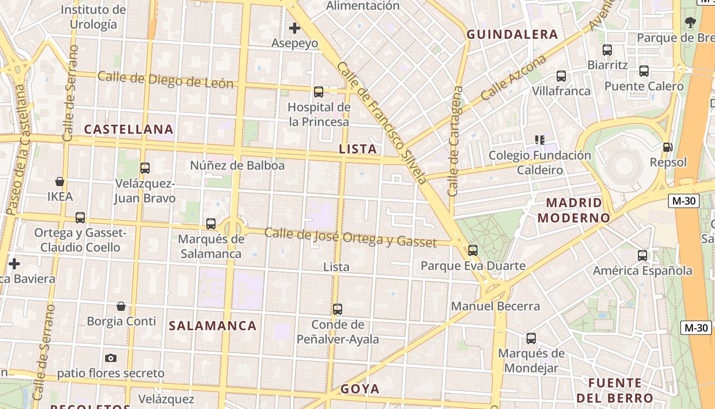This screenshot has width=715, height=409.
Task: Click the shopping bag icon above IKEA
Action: point(60,181)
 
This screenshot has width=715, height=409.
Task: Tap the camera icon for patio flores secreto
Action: point(111,358)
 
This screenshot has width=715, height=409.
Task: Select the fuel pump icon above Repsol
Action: point(668,147)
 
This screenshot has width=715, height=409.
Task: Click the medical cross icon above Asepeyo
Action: point(295,28)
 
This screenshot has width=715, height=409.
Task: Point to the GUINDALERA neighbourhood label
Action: point(512,35)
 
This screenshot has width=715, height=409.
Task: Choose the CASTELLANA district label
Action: point(129,129)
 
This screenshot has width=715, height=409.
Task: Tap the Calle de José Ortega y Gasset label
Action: point(350,238)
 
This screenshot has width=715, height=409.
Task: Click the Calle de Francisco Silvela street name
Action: point(382,123)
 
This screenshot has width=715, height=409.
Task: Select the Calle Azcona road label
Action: point(513,77)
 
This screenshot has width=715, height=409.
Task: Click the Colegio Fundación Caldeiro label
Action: point(540,163)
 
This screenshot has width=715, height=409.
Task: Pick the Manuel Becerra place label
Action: point(495,306)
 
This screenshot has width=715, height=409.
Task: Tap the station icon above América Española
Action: point(642,256)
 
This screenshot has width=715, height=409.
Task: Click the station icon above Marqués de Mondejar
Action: point(531,338)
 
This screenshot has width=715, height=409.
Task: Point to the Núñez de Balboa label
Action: point(237,166)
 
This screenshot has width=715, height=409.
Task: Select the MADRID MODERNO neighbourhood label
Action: point(574,210)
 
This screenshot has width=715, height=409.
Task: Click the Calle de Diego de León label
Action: point(165,81)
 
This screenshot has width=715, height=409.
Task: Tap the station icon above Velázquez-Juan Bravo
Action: point(145,168)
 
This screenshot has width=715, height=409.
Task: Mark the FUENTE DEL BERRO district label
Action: point(615,391)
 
